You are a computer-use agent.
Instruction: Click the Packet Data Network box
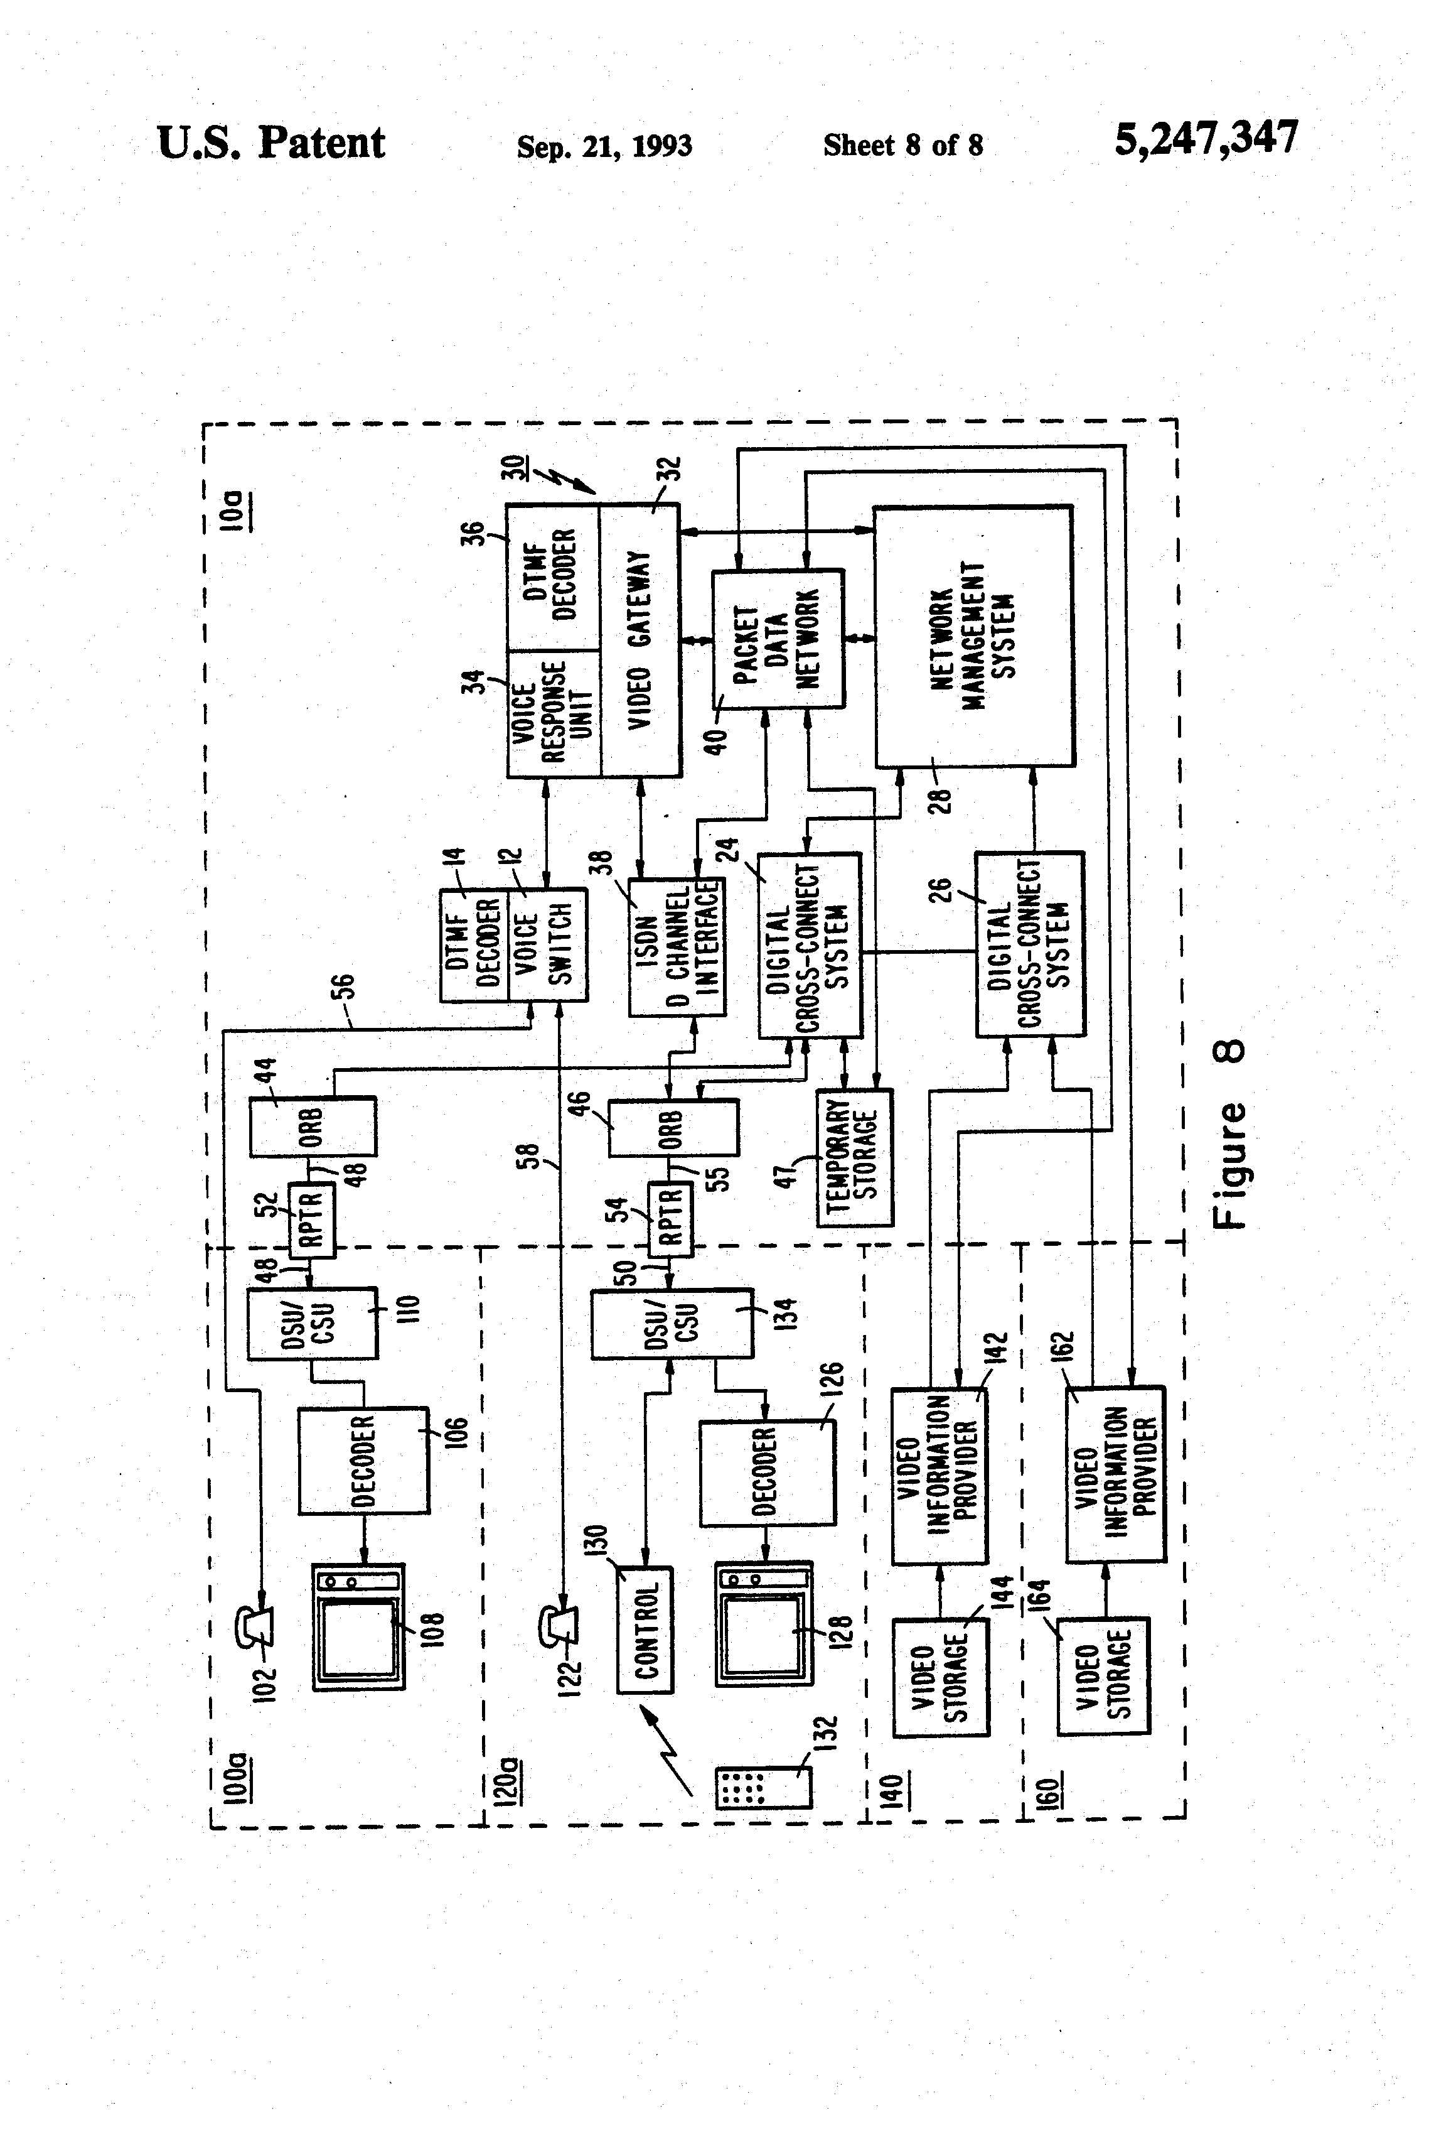point(778,639)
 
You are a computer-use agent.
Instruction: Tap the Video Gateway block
point(641,640)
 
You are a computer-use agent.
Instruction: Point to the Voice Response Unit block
point(553,713)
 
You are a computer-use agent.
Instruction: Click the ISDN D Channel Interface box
point(677,946)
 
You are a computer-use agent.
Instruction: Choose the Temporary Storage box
point(854,1157)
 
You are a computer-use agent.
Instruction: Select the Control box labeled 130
point(645,1630)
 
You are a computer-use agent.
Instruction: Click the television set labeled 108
point(358,1627)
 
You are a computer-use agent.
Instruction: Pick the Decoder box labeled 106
point(363,1461)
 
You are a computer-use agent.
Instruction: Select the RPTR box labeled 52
point(312,1219)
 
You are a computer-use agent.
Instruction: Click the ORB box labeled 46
point(673,1128)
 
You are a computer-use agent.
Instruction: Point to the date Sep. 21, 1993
point(604,146)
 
